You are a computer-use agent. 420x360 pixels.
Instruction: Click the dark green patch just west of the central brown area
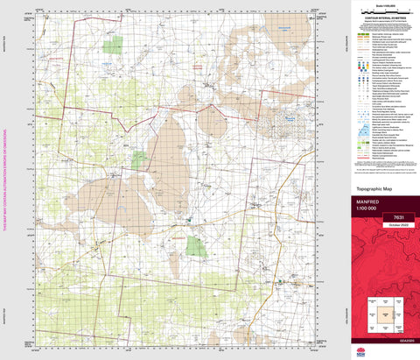(x=140, y=159)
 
